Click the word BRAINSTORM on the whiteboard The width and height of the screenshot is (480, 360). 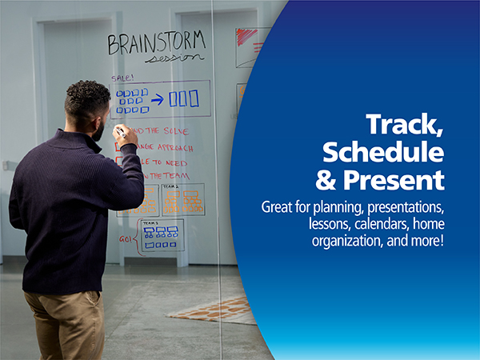(156, 42)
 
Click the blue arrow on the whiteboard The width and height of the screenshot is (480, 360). (158, 99)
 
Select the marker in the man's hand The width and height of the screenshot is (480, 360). (119, 130)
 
